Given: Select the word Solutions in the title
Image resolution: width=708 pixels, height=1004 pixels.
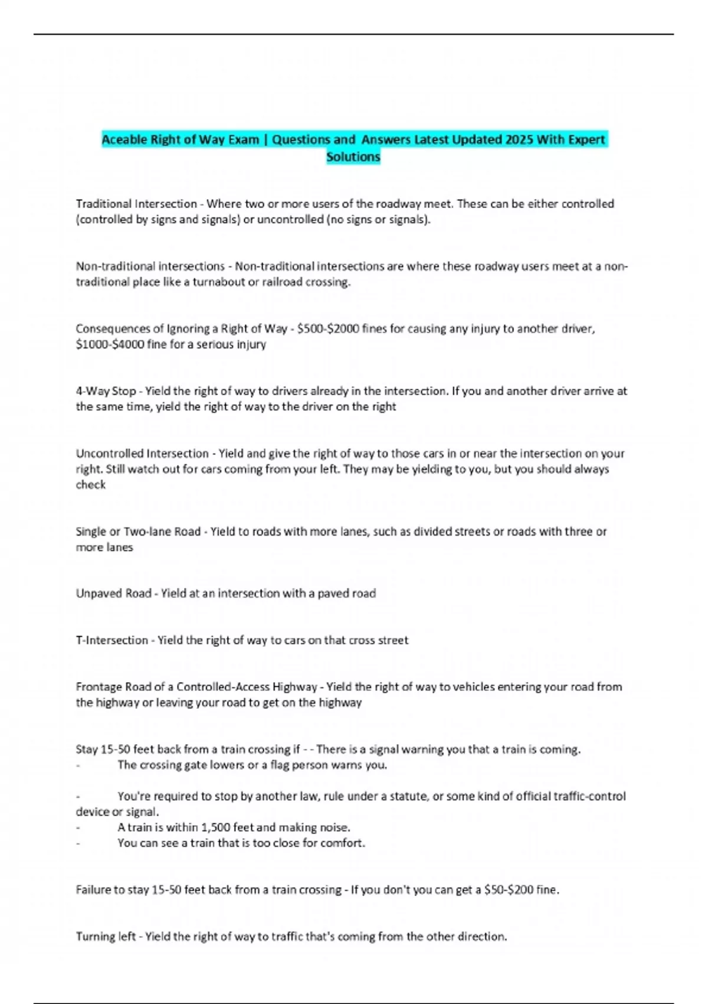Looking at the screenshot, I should coord(353,157).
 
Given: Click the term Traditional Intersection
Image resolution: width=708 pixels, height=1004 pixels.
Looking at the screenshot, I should coord(136,204).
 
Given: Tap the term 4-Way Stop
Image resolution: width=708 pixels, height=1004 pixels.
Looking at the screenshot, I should coord(106,391).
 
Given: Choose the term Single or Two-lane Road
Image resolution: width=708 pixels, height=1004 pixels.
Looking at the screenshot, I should coord(138,532).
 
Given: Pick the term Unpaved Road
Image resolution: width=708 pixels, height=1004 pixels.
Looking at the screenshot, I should coord(113,594).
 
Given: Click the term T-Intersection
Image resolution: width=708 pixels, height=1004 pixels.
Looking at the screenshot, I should coord(112,640).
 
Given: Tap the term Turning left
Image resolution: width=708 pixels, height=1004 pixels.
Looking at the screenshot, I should coord(106,937).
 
